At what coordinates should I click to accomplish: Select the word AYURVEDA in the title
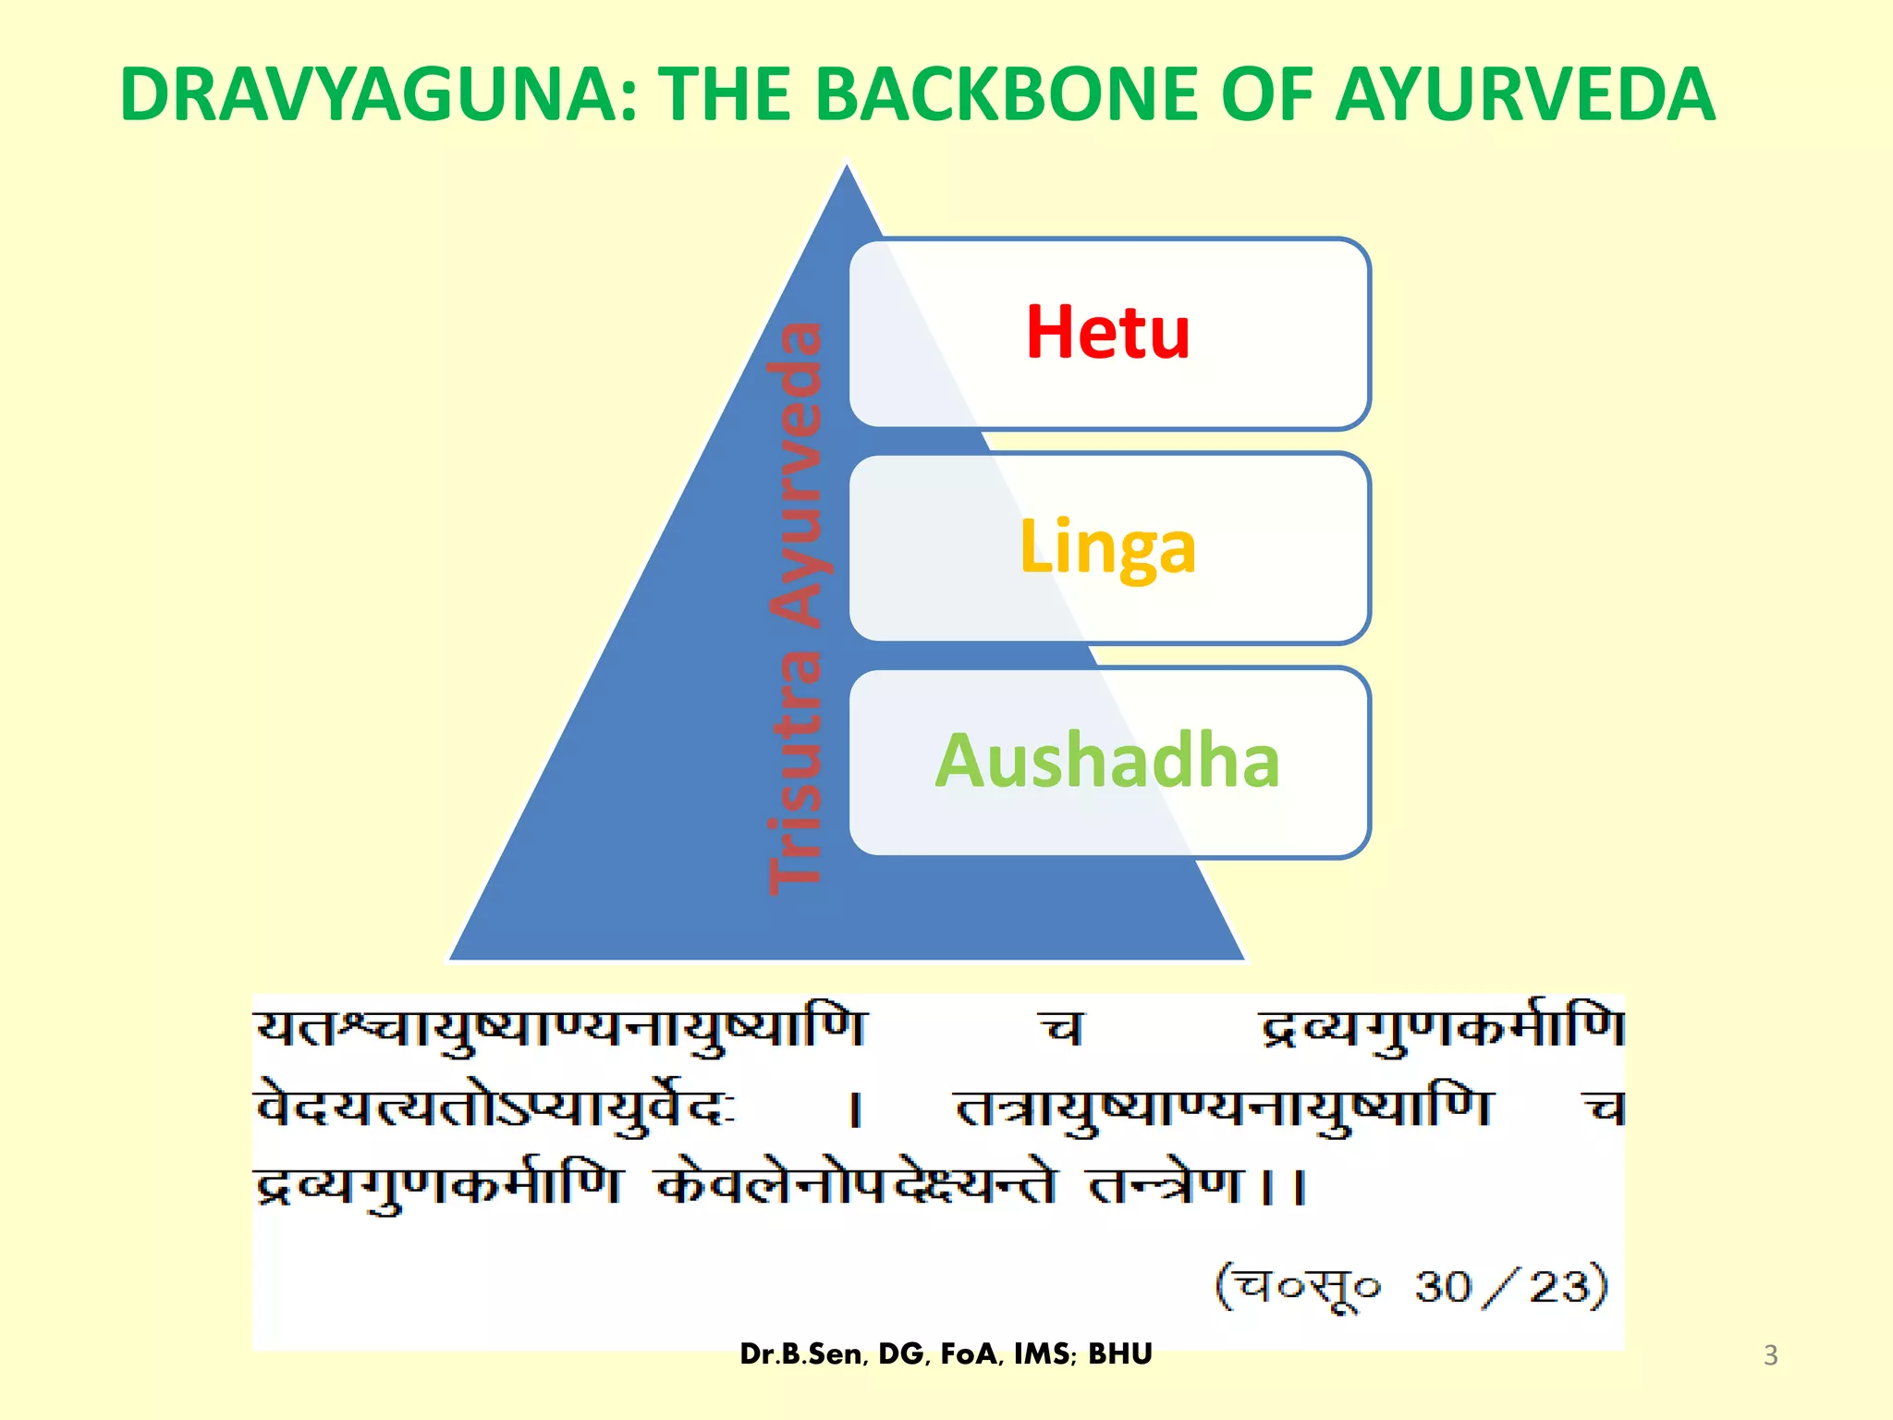pos(1525,94)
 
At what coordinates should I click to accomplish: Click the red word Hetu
pos(1107,333)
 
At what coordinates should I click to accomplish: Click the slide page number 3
pos(1770,1355)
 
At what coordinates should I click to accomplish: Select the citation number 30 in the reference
pos(1442,1287)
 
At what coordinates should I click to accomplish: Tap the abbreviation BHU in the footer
pos(1120,1354)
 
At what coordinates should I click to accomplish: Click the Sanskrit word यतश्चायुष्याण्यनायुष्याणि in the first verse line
pos(560,1029)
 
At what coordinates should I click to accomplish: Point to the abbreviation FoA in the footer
pos(971,1354)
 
